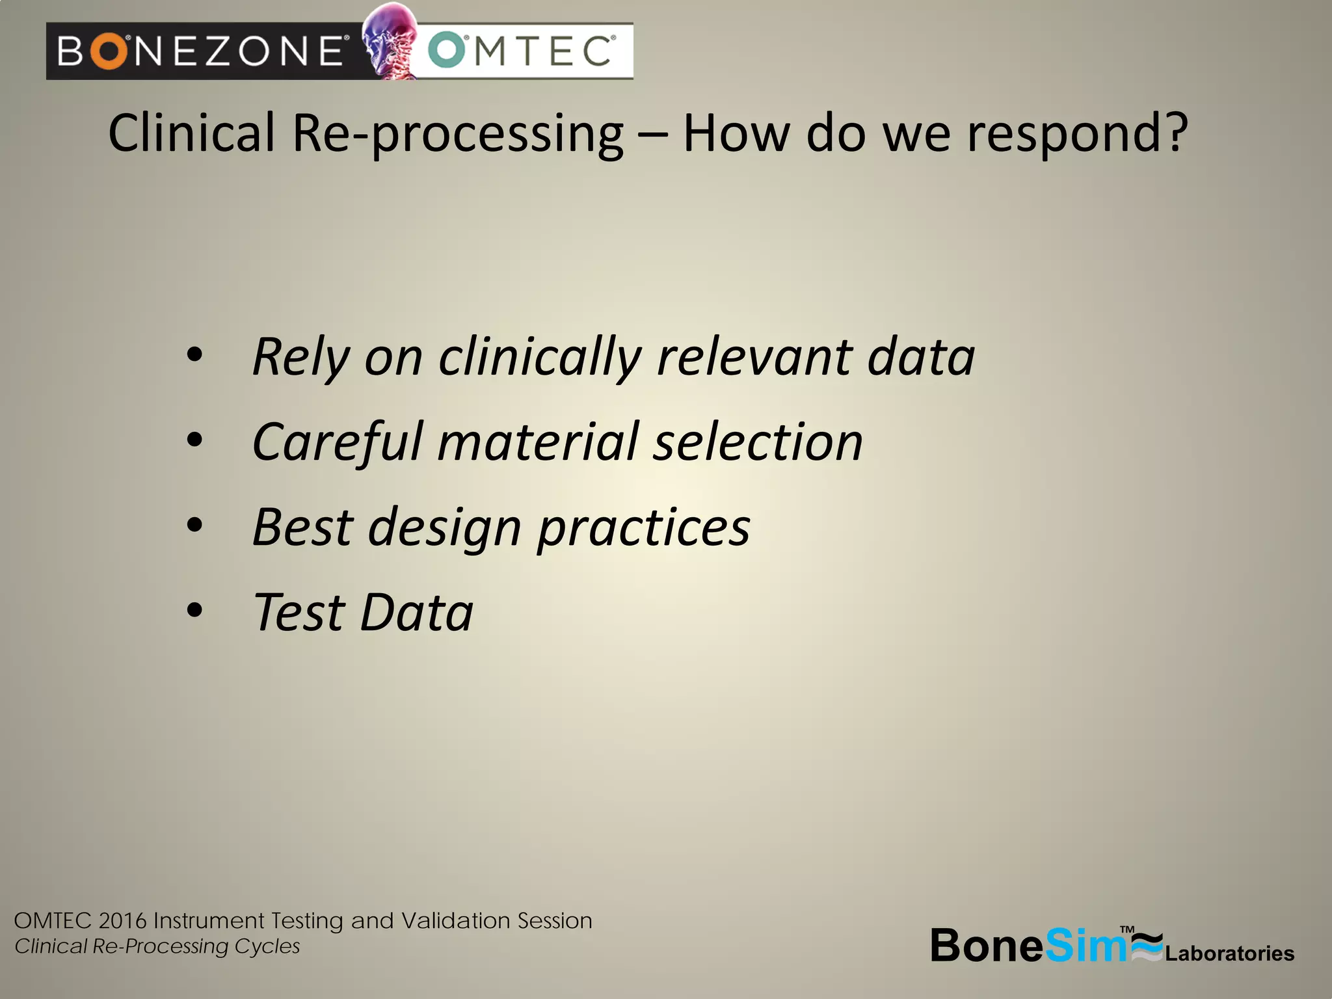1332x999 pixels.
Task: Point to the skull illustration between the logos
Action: click(x=389, y=40)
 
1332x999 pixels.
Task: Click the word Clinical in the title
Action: click(x=191, y=133)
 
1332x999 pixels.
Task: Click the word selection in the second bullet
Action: click(x=758, y=442)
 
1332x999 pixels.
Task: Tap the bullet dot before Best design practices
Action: click(x=194, y=525)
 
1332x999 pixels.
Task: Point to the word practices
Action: click(x=644, y=527)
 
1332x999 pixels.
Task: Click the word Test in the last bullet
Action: click(x=299, y=612)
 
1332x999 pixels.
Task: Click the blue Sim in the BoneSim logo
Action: click(x=1085, y=946)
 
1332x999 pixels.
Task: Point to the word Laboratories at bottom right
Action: click(x=1229, y=953)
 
